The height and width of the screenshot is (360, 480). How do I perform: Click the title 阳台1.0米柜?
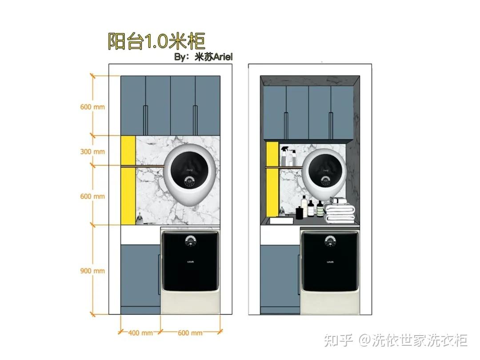tap(156, 41)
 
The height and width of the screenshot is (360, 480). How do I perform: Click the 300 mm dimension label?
tap(92, 152)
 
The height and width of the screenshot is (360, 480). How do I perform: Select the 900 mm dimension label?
tap(92, 271)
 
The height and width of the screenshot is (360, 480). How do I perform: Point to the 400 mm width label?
tap(140, 333)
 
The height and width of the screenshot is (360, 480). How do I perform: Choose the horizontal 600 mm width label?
tap(190, 333)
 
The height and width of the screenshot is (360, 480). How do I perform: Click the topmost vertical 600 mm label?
tap(92, 107)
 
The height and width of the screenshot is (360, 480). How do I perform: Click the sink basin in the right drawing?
tap(280, 220)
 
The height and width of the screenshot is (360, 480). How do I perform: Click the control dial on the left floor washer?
tap(191, 241)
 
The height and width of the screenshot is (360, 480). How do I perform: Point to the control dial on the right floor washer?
tap(330, 241)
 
